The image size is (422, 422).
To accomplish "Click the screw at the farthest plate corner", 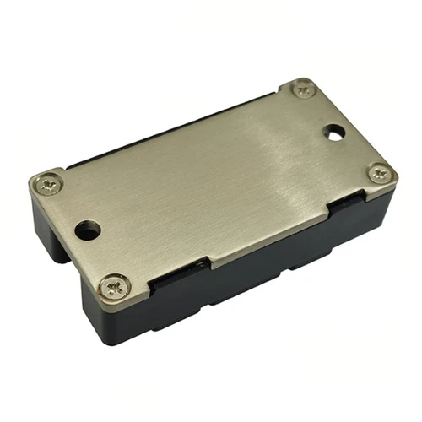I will pyautogui.click(x=302, y=88).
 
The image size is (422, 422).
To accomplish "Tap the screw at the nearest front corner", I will pyautogui.click(x=113, y=287).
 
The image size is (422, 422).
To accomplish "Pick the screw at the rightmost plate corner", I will pyautogui.click(x=378, y=173).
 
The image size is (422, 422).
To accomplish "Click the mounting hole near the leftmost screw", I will pyautogui.click(x=86, y=229).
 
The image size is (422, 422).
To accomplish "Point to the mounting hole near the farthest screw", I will pyautogui.click(x=334, y=133).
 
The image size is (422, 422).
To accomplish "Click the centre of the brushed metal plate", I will pyautogui.click(x=211, y=186).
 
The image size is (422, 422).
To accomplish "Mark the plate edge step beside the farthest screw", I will pyautogui.click(x=283, y=94).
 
